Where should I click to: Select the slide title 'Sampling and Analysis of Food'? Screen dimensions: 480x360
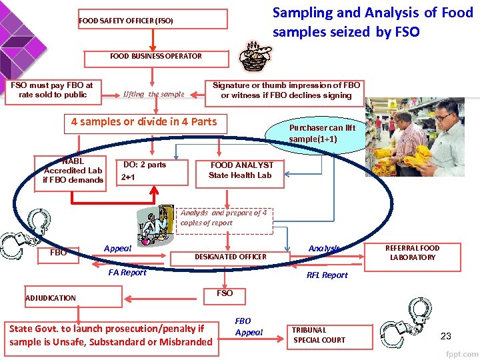tap(373, 13)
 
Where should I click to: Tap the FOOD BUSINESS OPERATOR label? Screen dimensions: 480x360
tap(156, 56)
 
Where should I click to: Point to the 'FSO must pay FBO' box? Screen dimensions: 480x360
tap(52, 90)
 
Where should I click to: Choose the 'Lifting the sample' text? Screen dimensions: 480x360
tap(153, 94)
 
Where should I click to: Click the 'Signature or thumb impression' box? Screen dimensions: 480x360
tap(286, 91)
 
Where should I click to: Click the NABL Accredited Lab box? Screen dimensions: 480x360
tap(73, 171)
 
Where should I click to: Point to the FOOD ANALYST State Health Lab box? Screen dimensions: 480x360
tap(241, 170)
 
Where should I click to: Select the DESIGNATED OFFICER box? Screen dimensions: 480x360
tap(230, 257)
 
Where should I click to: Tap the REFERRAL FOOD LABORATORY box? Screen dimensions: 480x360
tap(413, 253)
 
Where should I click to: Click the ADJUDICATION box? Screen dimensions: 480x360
tap(72, 298)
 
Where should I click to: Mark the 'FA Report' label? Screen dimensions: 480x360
tap(127, 272)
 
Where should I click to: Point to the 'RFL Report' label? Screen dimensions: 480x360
tap(327, 275)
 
